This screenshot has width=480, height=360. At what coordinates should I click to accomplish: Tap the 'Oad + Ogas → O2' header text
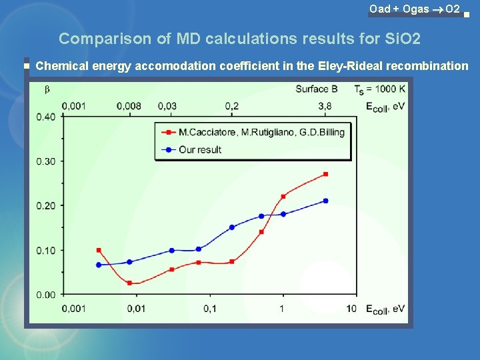tap(414, 9)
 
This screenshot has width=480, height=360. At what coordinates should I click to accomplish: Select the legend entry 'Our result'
tap(199, 149)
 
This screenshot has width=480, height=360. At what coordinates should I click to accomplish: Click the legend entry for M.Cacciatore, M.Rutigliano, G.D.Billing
tap(261, 132)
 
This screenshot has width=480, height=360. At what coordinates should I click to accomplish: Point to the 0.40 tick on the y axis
tap(46, 117)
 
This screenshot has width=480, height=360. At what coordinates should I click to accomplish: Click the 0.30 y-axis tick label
tap(46, 161)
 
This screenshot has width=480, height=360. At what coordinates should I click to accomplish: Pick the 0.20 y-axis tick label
tap(46, 205)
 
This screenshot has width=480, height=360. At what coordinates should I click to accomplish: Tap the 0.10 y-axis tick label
tap(46, 250)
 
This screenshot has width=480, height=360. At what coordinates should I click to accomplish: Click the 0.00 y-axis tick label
tap(46, 295)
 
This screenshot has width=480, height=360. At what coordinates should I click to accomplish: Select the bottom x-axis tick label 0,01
tap(136, 308)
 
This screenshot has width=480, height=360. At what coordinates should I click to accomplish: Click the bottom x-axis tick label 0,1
tap(210, 308)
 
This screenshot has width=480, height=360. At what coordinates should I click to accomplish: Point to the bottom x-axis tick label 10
tap(351, 308)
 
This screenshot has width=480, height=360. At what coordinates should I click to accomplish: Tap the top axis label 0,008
tap(129, 105)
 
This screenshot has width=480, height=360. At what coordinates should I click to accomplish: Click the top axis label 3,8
tap(325, 105)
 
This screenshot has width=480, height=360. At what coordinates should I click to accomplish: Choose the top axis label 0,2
tap(232, 105)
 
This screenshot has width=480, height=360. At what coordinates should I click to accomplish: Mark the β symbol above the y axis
tap(47, 89)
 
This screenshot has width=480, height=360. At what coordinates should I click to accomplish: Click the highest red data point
tap(325, 174)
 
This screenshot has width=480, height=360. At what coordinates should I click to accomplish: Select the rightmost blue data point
tap(325, 201)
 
